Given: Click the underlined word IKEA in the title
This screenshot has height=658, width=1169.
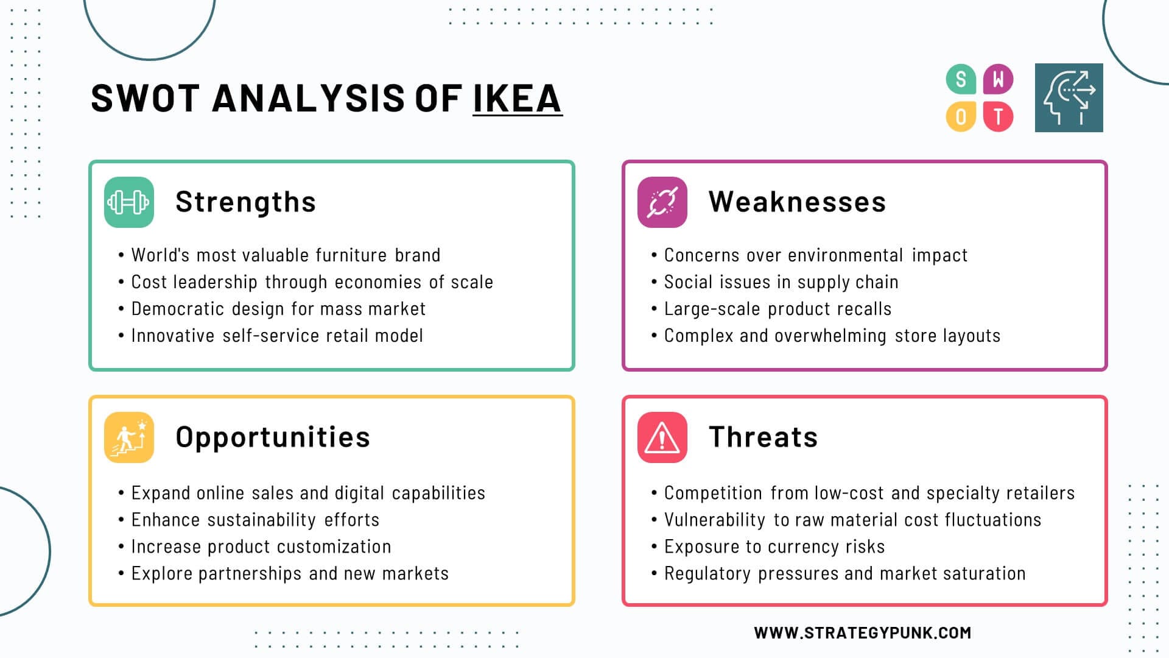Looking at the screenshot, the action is [x=517, y=98].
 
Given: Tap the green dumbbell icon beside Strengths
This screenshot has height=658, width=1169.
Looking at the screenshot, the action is [x=129, y=202].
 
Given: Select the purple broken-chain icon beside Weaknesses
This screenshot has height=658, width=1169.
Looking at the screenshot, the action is [x=662, y=202].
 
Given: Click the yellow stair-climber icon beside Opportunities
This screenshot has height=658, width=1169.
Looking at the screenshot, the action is [x=129, y=437].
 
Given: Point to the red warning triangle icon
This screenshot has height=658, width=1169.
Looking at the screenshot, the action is [x=662, y=437].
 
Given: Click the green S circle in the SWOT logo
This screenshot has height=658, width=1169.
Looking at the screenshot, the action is [x=961, y=79].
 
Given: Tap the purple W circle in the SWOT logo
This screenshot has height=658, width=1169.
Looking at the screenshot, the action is [x=998, y=79].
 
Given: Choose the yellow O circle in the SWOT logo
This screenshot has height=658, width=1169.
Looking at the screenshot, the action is [x=961, y=116].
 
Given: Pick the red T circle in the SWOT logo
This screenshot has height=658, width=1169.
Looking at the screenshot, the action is [x=998, y=116].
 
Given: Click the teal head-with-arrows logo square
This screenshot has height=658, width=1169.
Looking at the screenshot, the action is [x=1069, y=97].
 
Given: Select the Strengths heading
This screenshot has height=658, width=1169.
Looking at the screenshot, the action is [x=246, y=202].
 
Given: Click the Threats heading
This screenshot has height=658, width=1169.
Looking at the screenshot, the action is [x=764, y=437].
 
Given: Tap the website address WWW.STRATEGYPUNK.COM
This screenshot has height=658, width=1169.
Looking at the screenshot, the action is [x=863, y=633].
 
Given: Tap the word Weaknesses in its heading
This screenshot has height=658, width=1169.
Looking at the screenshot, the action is [x=798, y=202].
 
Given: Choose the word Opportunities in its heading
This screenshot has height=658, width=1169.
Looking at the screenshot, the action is [x=273, y=437].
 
